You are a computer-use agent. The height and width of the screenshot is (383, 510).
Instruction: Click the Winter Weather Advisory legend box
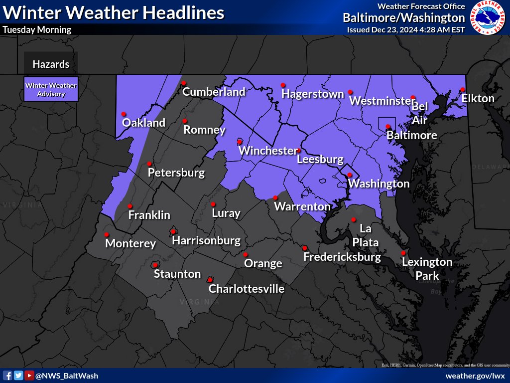coord(51,89)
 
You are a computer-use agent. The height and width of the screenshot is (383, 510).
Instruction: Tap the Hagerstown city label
coord(313,94)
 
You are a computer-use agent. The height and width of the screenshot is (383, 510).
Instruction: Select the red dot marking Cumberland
coord(183,83)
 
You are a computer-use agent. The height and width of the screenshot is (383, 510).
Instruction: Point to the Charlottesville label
coord(247,289)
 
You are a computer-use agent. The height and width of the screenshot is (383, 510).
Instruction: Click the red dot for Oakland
coord(124,114)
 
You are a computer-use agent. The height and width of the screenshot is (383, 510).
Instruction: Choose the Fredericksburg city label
coord(342,257)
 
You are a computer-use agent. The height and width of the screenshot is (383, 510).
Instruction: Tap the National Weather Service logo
coord(488,17)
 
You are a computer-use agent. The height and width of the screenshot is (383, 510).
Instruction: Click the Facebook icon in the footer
coord(8,376)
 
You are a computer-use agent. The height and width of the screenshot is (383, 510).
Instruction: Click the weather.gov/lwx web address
coord(475,376)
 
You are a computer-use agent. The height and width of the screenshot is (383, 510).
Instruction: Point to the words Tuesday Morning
coord(37,29)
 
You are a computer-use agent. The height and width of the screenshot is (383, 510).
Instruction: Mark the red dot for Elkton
coord(463,90)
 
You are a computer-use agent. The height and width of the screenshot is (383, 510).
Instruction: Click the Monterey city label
coord(130,244)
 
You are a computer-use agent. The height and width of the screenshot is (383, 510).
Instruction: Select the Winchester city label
coord(267,151)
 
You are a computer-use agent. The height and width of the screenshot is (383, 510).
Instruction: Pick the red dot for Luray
coord(213,204)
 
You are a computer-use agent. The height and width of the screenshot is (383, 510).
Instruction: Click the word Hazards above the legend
coord(51,64)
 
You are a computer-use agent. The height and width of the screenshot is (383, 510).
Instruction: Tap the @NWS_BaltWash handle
coord(67,376)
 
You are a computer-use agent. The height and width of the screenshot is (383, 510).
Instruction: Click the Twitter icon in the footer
coord(18,376)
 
